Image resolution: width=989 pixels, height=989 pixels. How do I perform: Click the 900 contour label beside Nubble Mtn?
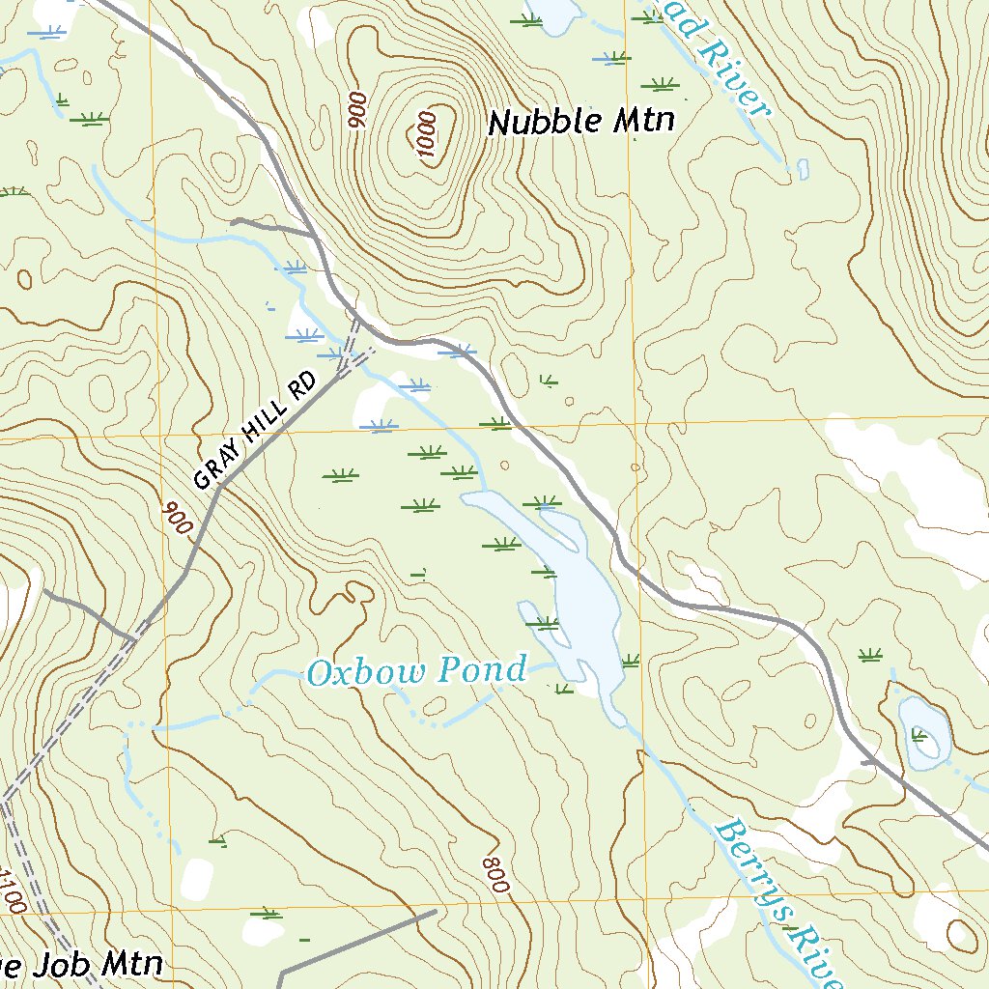click(x=357, y=110)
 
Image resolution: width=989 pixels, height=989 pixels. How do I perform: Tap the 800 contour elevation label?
click(x=494, y=874)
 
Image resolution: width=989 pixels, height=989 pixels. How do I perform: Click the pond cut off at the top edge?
click(x=551, y=12)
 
